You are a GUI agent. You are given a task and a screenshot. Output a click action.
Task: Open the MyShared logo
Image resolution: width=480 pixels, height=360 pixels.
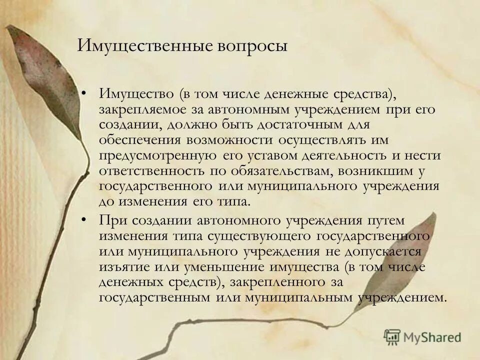422,336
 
